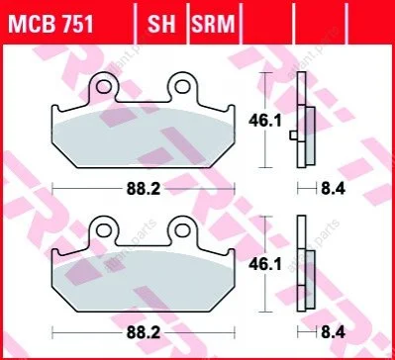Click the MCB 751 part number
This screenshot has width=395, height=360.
point(50,24)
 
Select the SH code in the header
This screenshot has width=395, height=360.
point(161,24)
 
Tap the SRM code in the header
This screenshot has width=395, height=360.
point(213,24)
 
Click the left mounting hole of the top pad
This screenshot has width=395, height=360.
point(103,86)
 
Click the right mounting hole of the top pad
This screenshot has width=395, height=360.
point(182,86)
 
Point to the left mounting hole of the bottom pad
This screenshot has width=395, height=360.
point(103,230)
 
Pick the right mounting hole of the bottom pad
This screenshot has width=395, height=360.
point(182,230)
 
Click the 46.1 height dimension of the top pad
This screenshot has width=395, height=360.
point(265,121)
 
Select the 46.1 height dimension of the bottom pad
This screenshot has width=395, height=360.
point(265,264)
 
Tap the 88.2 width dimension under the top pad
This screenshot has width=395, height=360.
point(144,189)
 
